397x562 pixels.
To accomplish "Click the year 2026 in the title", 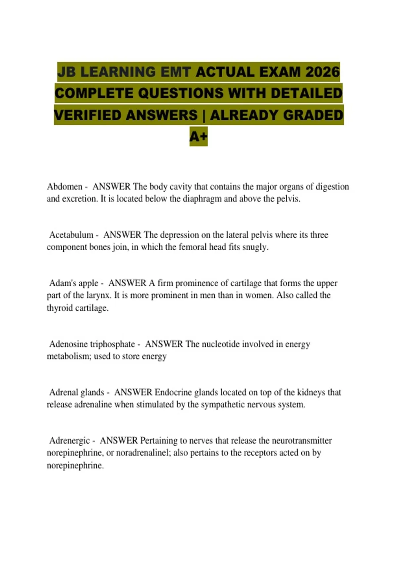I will tap(323, 72).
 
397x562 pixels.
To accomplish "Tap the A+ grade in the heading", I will tap(198, 136).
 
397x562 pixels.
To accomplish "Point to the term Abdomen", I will tap(65, 186).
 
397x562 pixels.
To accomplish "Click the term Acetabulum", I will tap(71, 235).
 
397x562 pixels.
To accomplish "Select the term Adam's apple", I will tap(74, 283).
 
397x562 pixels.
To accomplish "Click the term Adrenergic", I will tap(69, 441).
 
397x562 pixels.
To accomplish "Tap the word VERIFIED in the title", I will tap(87, 115).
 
